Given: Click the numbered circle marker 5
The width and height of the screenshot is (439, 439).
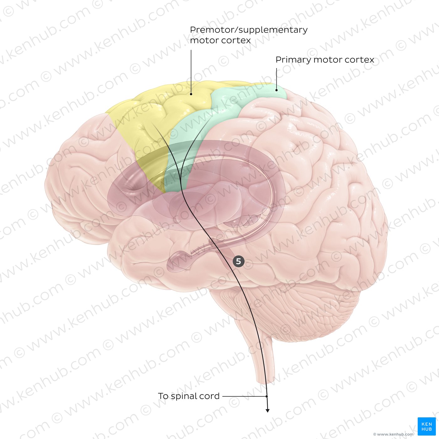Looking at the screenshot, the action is click(x=238, y=261).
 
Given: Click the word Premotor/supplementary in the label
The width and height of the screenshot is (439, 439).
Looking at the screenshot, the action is click(x=249, y=30).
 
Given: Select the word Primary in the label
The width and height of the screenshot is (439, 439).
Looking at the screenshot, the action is click(x=294, y=60).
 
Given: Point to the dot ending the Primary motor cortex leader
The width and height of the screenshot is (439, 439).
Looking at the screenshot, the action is click(x=276, y=90).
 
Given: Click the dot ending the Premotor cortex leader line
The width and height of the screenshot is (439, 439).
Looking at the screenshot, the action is click(x=191, y=94).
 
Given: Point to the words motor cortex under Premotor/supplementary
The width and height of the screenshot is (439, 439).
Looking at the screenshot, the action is click(x=220, y=40).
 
